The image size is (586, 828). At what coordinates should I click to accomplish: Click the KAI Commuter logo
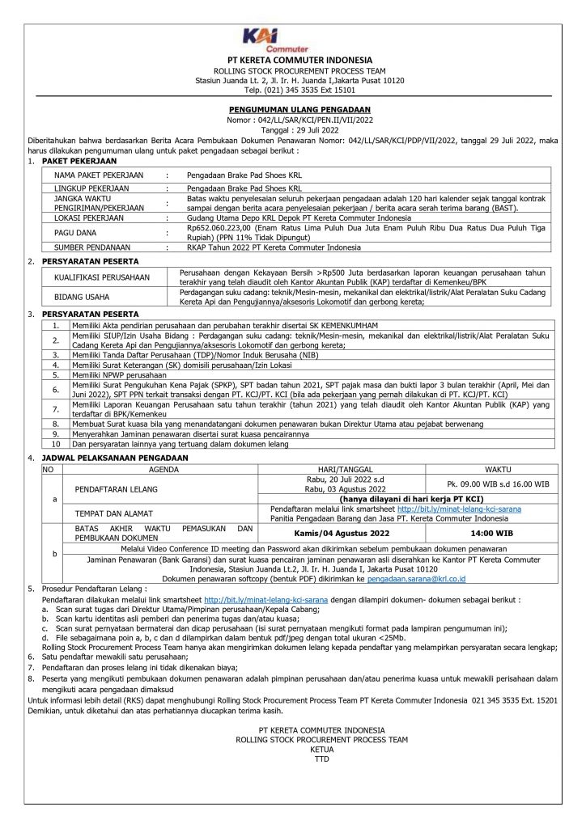click(x=294, y=39)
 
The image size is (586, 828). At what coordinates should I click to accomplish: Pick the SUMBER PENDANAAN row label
click(x=95, y=247)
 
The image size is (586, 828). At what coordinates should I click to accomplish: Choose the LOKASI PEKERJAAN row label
click(x=91, y=218)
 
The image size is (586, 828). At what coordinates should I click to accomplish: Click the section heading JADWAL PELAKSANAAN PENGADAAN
click(x=117, y=458)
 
